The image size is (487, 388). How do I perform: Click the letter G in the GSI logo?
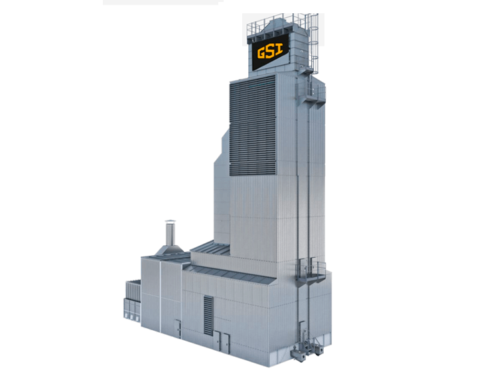(262, 53)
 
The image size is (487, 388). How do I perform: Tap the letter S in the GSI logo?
(271, 51)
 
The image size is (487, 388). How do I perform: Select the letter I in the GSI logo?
(279, 49)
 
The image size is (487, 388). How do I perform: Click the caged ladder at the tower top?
(314, 44)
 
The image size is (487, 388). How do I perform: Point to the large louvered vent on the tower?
(253, 126)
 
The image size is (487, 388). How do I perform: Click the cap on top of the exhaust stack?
(171, 221)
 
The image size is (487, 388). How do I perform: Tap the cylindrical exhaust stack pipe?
(171, 235)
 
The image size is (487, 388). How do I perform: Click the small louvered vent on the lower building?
(208, 316)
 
